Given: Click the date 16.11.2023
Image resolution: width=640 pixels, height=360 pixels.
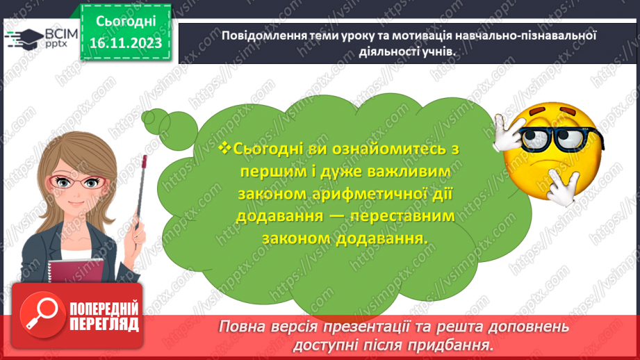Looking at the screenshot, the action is pyautogui.click(x=126, y=43).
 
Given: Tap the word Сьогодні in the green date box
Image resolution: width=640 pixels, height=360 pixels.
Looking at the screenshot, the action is pyautogui.click(x=126, y=22).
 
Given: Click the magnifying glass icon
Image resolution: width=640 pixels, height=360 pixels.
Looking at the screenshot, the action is pyautogui.click(x=42, y=315).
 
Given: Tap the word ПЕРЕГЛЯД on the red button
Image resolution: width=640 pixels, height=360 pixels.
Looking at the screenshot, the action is pyautogui.click(x=104, y=325).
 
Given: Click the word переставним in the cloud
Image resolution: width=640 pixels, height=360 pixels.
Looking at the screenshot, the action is pyautogui.click(x=402, y=216).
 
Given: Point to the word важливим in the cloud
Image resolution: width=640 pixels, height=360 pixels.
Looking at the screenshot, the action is pyautogui.click(x=409, y=171).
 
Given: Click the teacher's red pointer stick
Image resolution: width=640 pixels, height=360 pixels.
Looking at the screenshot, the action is pyautogui.click(x=141, y=192).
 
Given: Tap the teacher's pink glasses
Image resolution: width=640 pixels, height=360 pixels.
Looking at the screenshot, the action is pyautogui.click(x=77, y=181).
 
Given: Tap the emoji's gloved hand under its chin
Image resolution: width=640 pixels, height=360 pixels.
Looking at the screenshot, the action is pyautogui.click(x=564, y=186).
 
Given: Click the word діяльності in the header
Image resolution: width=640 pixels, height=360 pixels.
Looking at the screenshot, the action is pyautogui.click(x=385, y=52).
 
